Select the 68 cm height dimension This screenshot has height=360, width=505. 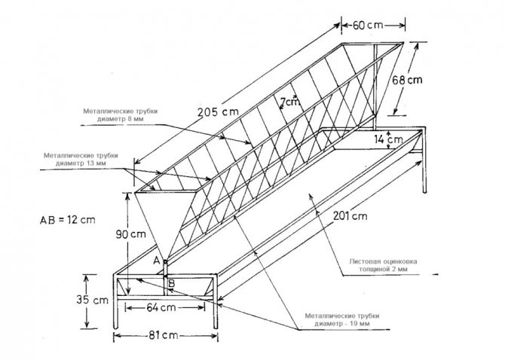[x=405, y=78]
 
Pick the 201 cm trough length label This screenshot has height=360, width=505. [x=350, y=217]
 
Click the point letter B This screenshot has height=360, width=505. [x=172, y=284]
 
